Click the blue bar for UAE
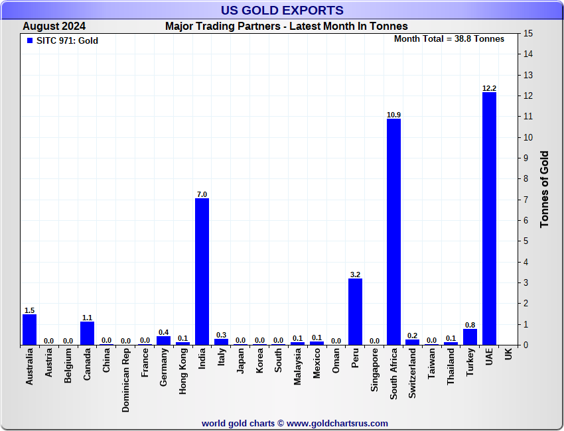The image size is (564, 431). (x=489, y=219)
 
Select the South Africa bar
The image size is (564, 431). (x=393, y=232)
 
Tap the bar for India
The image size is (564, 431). (x=202, y=272)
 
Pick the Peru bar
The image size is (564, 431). (x=355, y=312)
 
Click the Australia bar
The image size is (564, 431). (x=29, y=330)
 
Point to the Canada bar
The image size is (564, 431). (x=87, y=334)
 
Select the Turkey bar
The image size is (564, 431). (x=470, y=337)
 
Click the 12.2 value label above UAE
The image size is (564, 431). (x=489, y=88)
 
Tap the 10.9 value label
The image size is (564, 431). (x=393, y=115)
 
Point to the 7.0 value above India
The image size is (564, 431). (x=202, y=194)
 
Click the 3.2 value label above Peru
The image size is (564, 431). (x=355, y=274)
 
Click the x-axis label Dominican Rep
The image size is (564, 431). (x=125, y=381)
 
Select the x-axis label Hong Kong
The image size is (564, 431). (x=183, y=372)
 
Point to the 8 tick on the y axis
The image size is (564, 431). (x=526, y=179)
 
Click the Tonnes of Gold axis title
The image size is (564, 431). (x=544, y=189)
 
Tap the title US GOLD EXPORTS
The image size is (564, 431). (x=282, y=10)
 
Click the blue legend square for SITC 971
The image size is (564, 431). (x=29, y=40)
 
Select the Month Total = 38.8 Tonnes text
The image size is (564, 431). (x=449, y=38)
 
